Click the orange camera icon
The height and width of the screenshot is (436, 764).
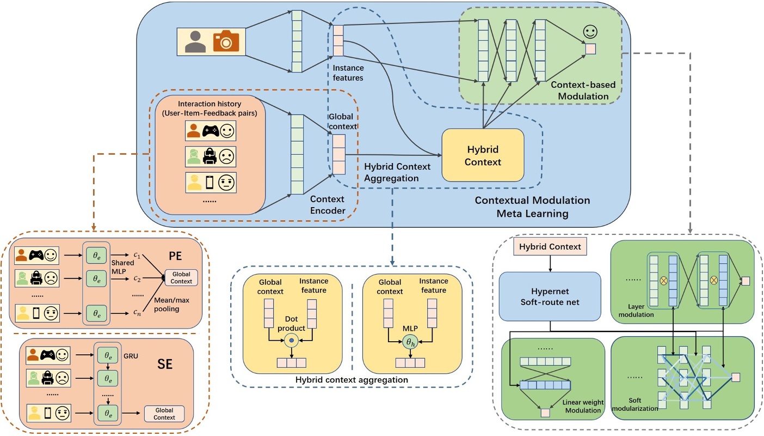tap(225, 41)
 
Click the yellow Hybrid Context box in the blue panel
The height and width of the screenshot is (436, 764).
tap(483, 155)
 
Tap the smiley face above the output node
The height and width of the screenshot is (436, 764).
tap(589, 32)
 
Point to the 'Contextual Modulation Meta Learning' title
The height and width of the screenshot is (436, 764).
tap(532, 207)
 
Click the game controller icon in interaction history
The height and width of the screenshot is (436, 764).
tap(212, 131)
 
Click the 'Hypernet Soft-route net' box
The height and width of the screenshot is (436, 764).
tap(550, 295)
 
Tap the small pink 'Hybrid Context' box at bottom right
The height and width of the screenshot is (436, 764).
tap(550, 246)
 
